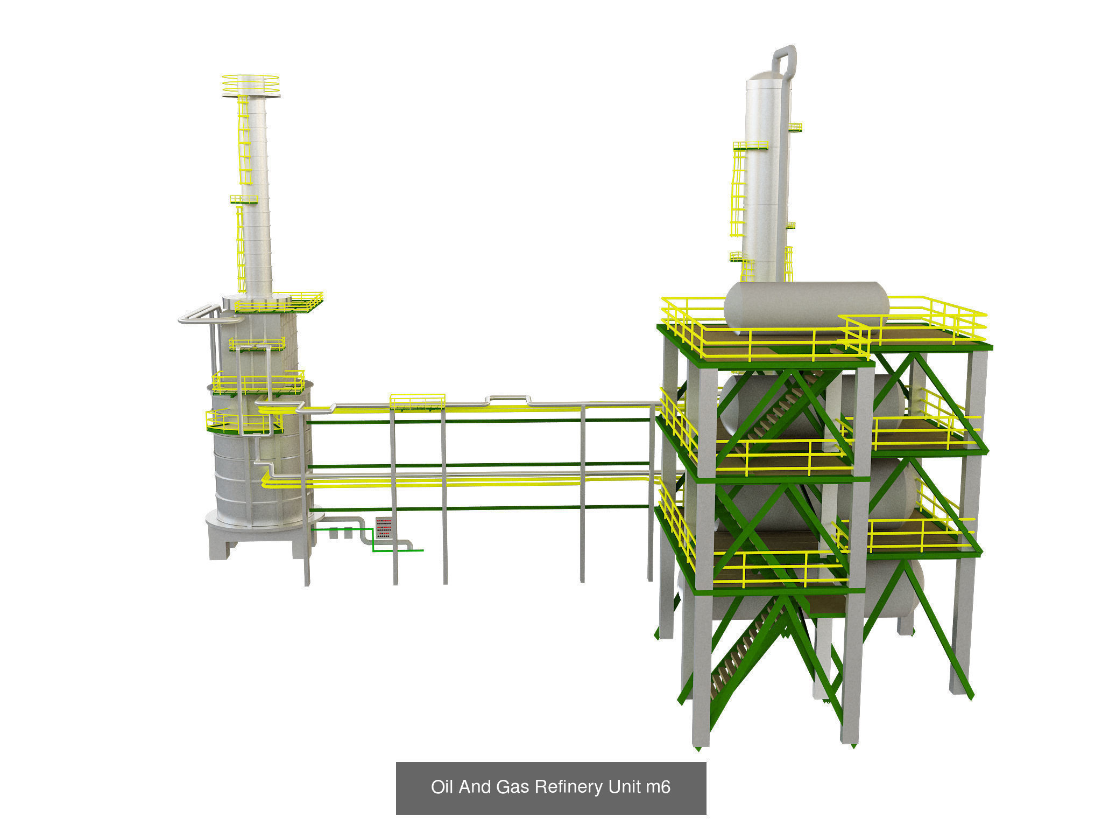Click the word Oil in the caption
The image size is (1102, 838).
(442, 787)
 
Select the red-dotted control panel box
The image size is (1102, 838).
(383, 528)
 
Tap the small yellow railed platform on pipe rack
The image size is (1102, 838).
(417, 402)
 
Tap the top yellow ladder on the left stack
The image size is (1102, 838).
(244, 140)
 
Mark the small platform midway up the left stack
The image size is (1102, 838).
(244, 200)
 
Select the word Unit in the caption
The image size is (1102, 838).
(624, 787)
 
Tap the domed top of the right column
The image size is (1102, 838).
(764, 78)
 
